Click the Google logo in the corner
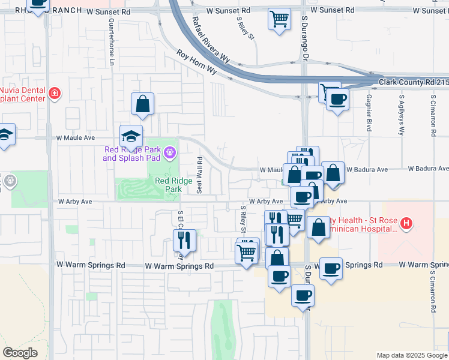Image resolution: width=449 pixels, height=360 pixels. [20, 353]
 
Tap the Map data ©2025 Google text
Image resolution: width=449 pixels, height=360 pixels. [412, 355]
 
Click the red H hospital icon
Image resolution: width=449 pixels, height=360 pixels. [406, 224]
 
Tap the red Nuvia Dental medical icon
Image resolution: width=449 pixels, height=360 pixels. [55, 93]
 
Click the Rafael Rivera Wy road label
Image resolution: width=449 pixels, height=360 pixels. [211, 40]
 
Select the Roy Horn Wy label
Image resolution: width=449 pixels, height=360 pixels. [196, 62]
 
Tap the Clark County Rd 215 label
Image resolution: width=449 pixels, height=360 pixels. [413, 82]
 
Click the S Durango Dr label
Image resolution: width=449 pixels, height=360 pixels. [305, 43]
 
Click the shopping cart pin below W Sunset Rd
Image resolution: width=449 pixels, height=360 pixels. [279, 19]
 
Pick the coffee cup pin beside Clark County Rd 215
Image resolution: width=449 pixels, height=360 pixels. [338, 99]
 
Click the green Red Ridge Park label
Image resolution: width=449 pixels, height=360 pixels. [168, 184]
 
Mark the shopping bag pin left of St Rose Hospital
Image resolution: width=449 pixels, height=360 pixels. [318, 227]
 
